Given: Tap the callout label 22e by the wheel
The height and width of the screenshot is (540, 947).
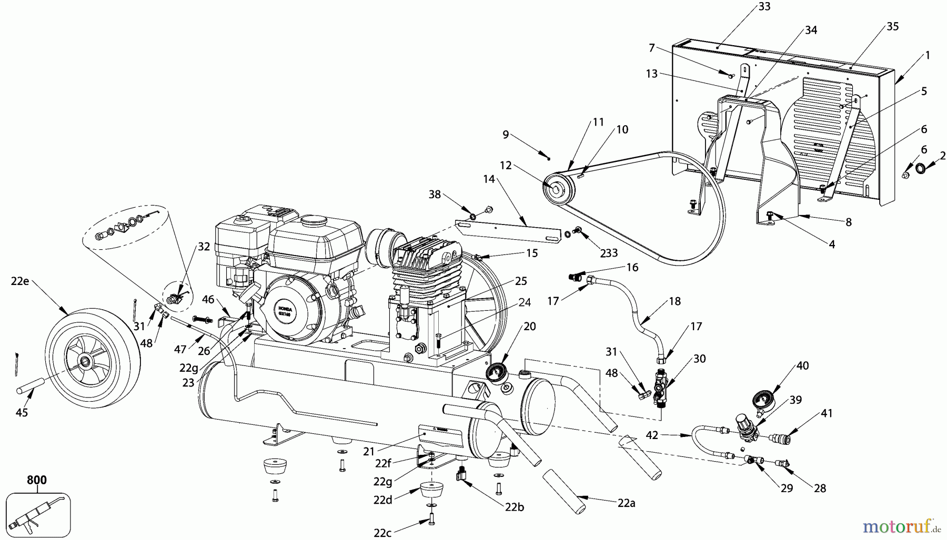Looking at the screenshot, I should coord(20,281).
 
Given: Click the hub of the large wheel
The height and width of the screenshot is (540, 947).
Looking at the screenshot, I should coord(84,362).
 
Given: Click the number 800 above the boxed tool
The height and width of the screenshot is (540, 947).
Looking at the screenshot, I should coord(37,480).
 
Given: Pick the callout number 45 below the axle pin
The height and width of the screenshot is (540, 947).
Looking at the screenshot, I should coord(22,413).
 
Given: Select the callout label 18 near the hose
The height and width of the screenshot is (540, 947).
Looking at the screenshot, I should coord(674,301).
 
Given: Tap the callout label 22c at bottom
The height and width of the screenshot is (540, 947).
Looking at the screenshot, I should coord(382,532).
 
